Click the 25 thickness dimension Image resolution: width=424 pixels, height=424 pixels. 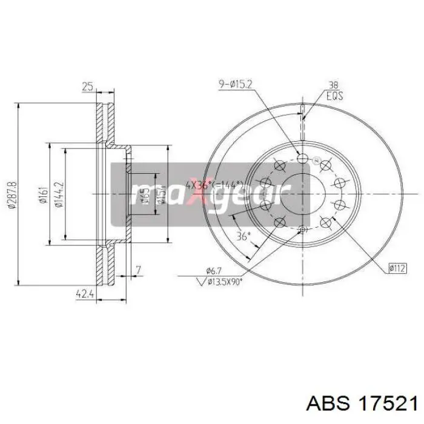tap(88, 87)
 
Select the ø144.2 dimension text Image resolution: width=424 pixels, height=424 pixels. tap(58, 194)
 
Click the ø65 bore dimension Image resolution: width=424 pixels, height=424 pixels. tap(145, 196)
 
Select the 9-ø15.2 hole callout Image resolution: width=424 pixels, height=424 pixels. tap(236, 85)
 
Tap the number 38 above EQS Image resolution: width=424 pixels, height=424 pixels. tap(333, 85)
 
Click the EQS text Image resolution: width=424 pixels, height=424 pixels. tap(334, 96)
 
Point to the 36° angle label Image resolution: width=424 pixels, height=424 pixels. tap(243, 237)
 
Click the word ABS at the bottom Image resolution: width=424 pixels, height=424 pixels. tap(328, 404)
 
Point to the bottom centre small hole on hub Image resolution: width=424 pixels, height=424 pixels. tap(303, 228)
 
